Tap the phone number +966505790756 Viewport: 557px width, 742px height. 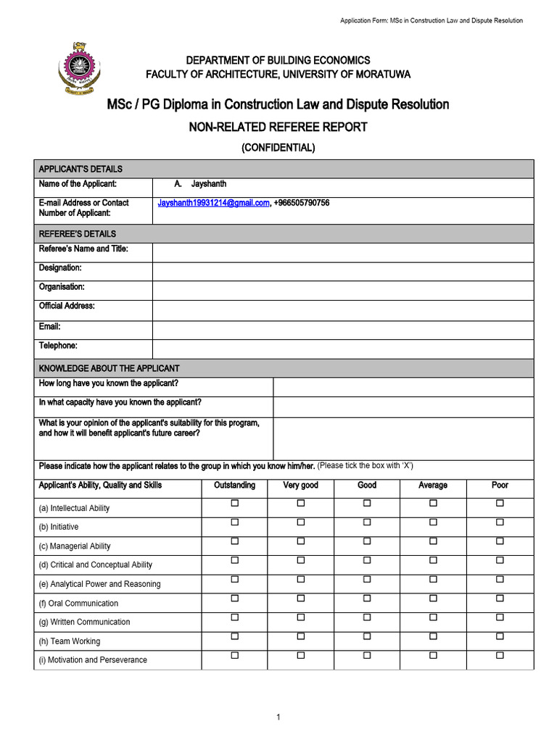[302, 203]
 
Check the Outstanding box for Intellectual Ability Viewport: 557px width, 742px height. [234, 504]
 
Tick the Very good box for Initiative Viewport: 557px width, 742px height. [300, 522]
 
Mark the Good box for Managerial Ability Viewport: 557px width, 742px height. [367, 541]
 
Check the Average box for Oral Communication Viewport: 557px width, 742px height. [433, 599]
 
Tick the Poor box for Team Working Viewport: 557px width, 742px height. [500, 636]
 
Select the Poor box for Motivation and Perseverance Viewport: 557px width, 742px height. [500, 655]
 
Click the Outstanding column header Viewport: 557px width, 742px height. [234, 485]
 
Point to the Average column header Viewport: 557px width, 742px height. [433, 485]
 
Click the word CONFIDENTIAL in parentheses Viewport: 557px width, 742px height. [278, 147]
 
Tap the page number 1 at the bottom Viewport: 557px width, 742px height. [278, 717]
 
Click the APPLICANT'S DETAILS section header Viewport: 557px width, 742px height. [81, 169]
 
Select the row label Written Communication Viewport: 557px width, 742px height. [85, 622]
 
